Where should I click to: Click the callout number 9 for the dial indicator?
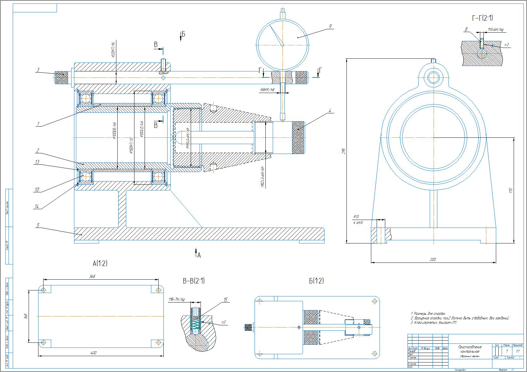331,26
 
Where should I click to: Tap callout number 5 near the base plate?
38,225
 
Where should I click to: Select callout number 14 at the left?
37,207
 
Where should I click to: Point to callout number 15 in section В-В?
226,300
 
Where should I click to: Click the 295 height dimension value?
343,151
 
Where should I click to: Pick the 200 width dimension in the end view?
433,259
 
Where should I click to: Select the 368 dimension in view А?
92,276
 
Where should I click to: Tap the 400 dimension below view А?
93,353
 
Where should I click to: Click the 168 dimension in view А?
26,316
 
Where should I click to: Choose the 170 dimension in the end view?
511,190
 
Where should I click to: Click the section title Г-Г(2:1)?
483,18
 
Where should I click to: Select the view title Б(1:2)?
316,281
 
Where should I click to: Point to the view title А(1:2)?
100,263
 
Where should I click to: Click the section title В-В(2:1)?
194,281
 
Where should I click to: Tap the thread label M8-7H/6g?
177,300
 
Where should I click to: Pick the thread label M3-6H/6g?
496,30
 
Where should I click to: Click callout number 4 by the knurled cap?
330,111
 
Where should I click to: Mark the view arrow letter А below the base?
199,255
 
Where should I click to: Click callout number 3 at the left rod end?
38,70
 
